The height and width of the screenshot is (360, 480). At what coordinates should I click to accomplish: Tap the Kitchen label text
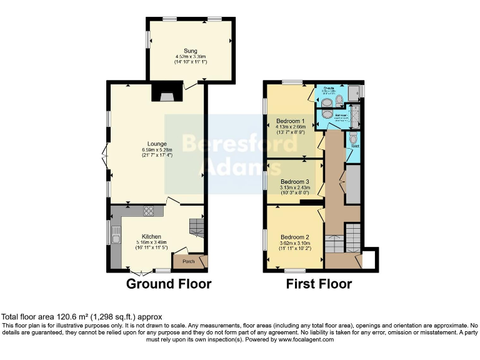(x=152, y=237)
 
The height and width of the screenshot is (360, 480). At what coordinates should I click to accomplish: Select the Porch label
(x=188, y=261)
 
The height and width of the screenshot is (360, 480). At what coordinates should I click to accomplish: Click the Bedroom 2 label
(x=295, y=237)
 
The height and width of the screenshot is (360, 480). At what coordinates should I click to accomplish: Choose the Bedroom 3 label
(x=294, y=182)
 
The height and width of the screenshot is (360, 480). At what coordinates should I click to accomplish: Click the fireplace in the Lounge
(x=166, y=94)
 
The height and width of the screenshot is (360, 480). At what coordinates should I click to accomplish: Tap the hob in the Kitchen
(x=149, y=211)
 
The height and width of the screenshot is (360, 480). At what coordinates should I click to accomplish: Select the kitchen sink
(x=116, y=235)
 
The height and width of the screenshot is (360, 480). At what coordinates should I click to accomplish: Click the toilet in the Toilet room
(x=354, y=138)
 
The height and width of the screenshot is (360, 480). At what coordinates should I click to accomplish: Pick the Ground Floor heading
(x=169, y=284)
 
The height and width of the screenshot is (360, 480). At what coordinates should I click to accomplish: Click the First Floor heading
(x=319, y=284)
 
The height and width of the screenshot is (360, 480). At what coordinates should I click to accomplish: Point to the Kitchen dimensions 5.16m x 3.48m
(x=152, y=244)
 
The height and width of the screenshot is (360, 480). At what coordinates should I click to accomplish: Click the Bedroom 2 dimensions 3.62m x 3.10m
(x=295, y=244)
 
